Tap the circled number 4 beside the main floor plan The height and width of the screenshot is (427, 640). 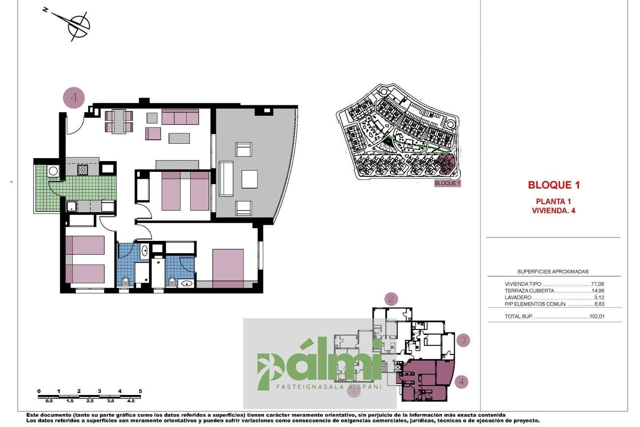tap(74, 98)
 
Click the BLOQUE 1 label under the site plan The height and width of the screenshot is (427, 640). tap(448, 183)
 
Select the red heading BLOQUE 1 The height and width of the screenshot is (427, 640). tap(554, 185)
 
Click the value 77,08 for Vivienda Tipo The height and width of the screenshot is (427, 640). tap(598, 284)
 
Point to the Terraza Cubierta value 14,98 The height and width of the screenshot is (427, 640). tap(598, 291)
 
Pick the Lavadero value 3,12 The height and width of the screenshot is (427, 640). tap(599, 297)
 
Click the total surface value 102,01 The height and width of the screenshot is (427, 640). tap(597, 316)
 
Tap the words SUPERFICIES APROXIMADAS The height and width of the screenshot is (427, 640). tap(553, 271)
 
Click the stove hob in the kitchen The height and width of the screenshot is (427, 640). tap(83, 170)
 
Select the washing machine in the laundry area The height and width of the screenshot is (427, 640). tap(54, 171)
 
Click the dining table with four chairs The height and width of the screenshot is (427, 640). tap(119, 122)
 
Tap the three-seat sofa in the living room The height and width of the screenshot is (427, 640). tap(180, 117)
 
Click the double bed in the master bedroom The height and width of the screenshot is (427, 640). tap(228, 268)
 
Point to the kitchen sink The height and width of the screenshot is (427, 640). tap(71, 206)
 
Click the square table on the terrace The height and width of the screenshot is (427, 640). tap(250, 179)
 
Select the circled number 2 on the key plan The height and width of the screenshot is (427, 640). tap(391, 299)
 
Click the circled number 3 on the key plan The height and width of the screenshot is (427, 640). tap(463, 340)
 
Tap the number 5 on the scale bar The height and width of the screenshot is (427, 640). tap(140, 391)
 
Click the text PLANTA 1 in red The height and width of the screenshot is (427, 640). tap(553, 201)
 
